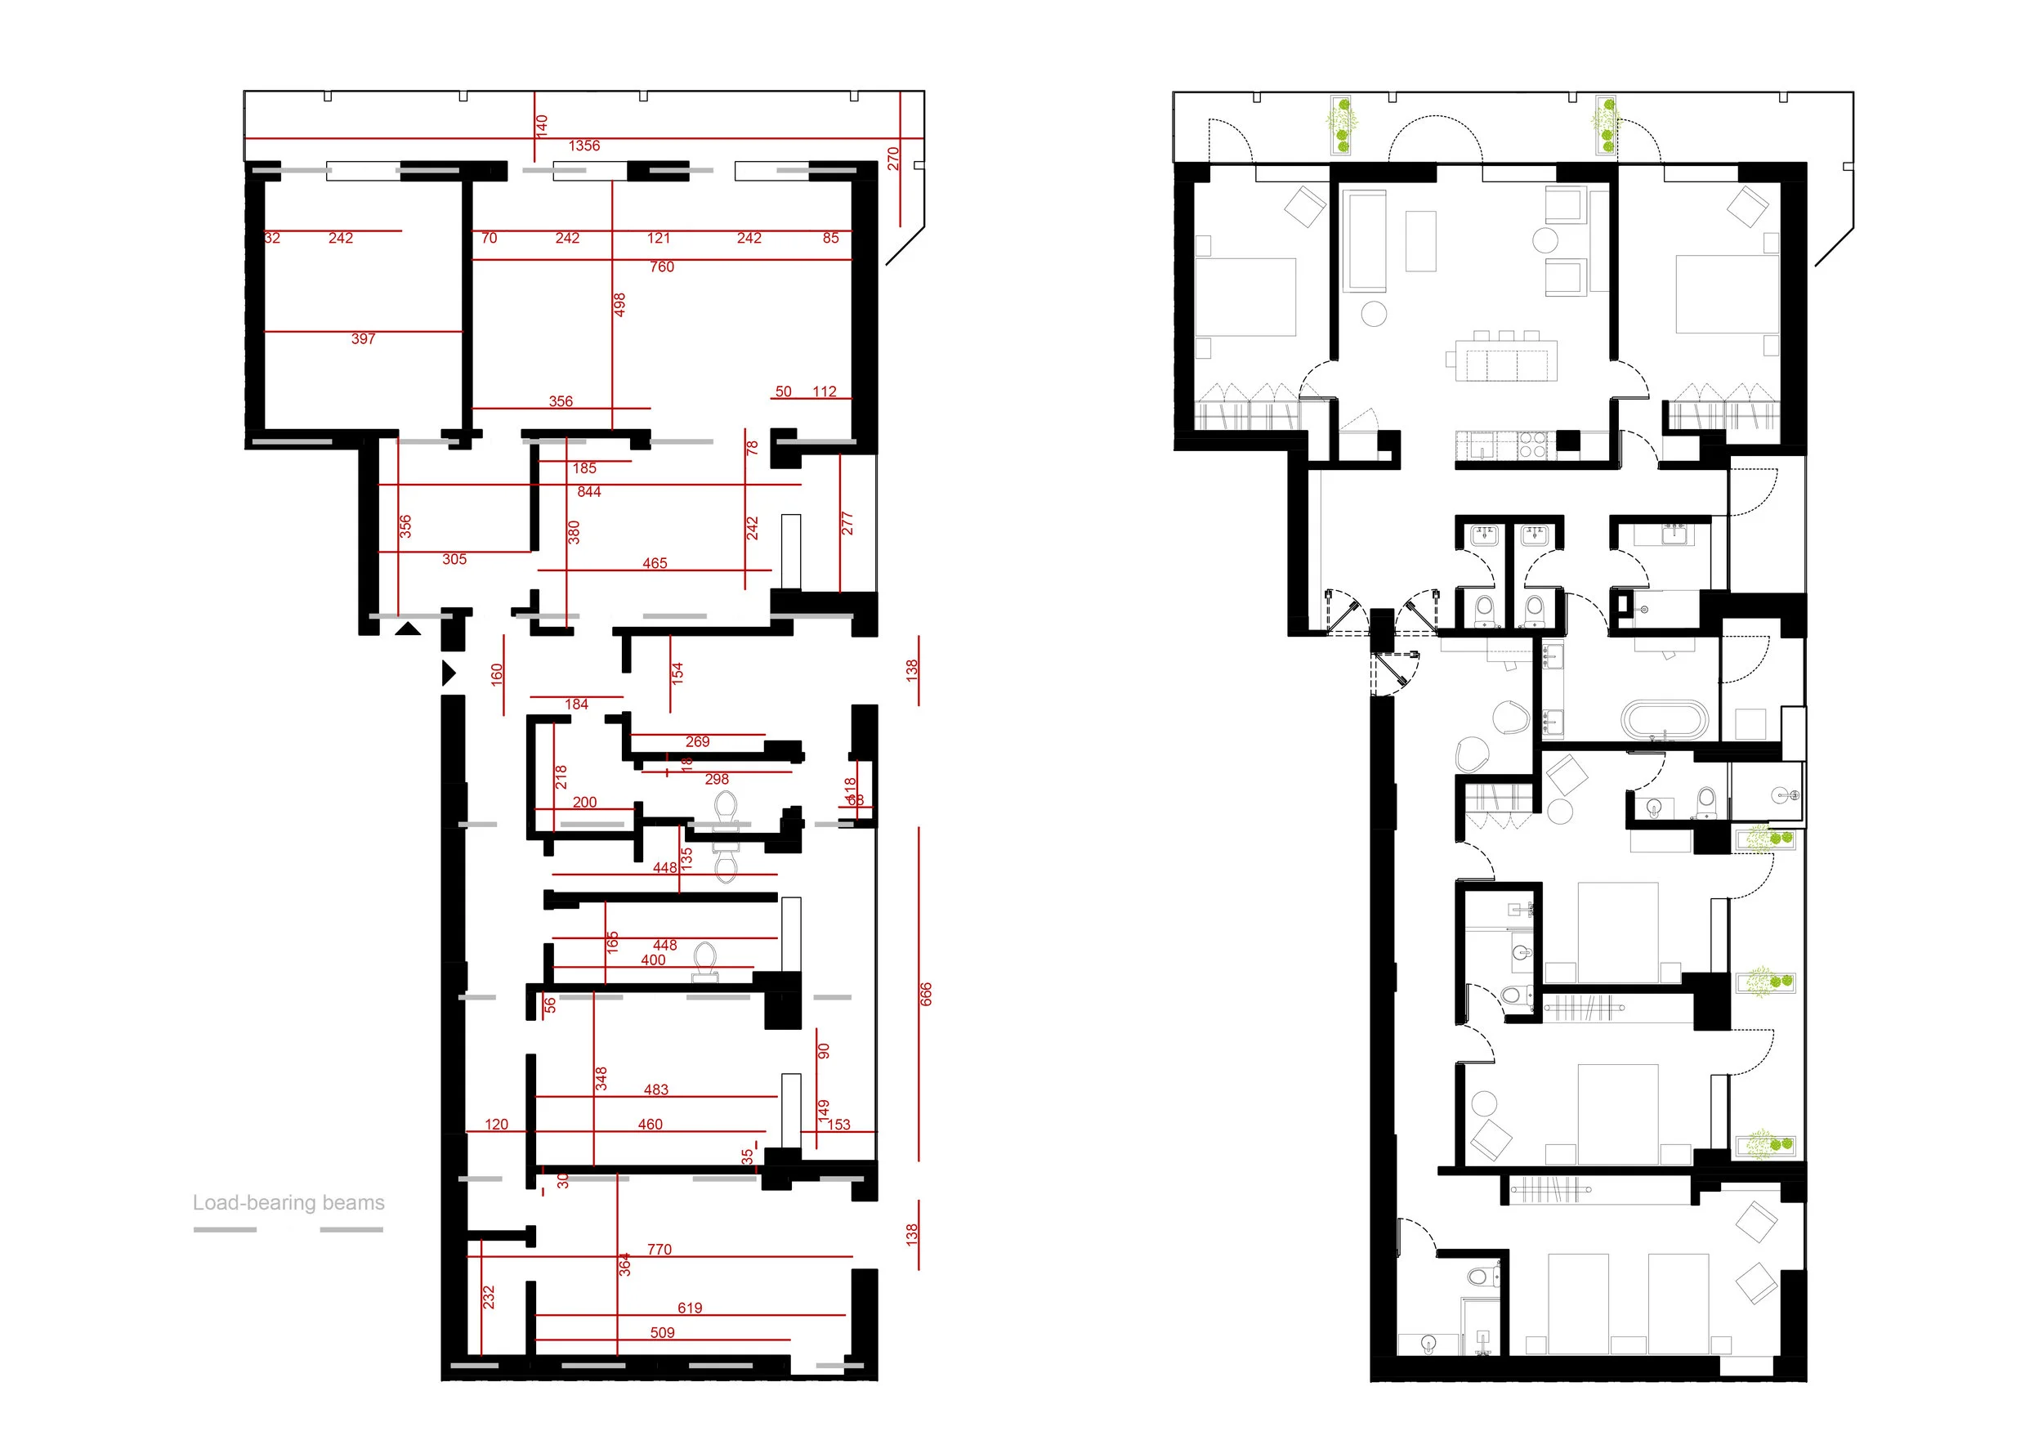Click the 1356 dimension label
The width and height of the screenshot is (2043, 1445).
pyautogui.click(x=583, y=146)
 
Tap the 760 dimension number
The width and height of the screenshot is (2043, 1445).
pyautogui.click(x=661, y=267)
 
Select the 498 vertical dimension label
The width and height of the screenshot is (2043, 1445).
pyautogui.click(x=620, y=305)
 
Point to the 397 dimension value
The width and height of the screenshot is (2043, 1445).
pyautogui.click(x=363, y=339)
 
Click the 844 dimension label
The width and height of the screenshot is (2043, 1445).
pyautogui.click(x=588, y=492)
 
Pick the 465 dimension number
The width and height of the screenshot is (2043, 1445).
pyautogui.click(x=654, y=563)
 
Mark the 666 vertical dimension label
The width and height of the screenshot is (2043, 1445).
pyautogui.click(x=925, y=994)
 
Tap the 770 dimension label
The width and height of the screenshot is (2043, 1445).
pyautogui.click(x=659, y=1249)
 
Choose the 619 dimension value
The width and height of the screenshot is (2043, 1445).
pyautogui.click(x=690, y=1308)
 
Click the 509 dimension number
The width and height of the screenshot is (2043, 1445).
pyautogui.click(x=662, y=1333)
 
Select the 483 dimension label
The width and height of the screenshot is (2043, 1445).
pyautogui.click(x=655, y=1090)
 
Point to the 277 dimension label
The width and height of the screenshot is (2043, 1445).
pyautogui.click(x=847, y=523)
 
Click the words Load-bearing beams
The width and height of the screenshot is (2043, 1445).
pyautogui.click(x=289, y=1203)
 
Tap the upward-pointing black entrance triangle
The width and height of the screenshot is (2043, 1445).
pyautogui.click(x=408, y=629)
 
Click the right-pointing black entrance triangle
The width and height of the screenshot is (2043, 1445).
pyautogui.click(x=449, y=673)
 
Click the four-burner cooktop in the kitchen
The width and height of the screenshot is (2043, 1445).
pyautogui.click(x=1532, y=444)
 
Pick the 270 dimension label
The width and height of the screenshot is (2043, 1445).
pyautogui.click(x=893, y=159)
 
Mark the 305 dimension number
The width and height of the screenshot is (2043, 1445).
pyautogui.click(x=454, y=560)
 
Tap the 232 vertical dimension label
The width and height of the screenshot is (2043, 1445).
pyautogui.click(x=489, y=1296)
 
